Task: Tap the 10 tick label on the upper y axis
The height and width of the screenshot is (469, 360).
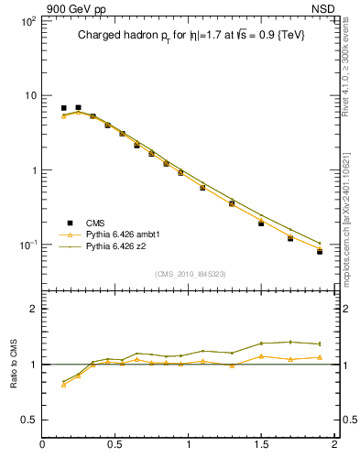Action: tap(29, 95)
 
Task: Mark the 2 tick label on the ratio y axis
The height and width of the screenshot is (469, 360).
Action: tap(33, 309)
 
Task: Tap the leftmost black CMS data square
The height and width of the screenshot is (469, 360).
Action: tap(63, 108)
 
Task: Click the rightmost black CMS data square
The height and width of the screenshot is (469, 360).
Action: tap(320, 251)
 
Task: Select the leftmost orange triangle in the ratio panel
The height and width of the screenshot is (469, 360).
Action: tap(63, 385)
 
